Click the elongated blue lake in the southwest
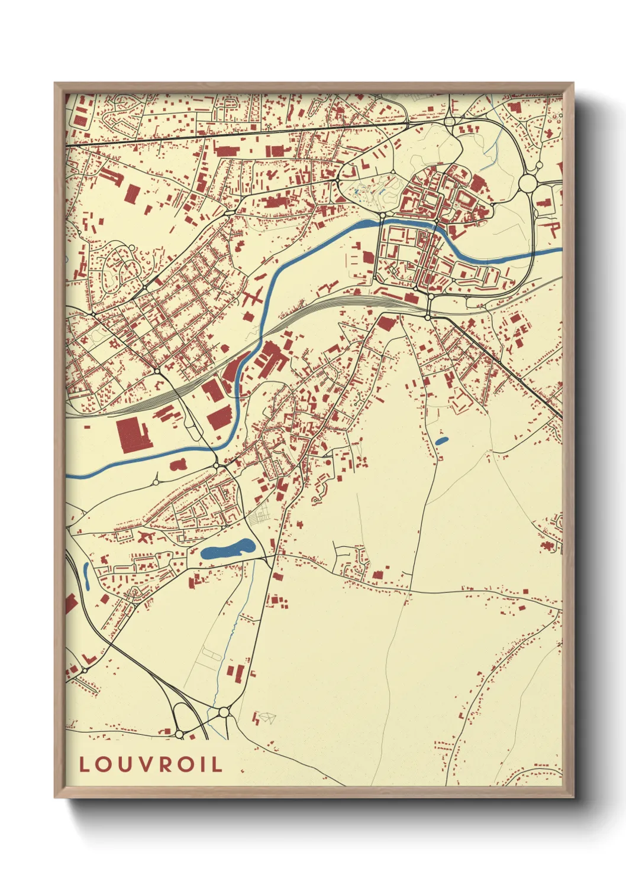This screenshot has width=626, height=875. pyautogui.click(x=228, y=549)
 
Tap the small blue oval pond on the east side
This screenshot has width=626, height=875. pyautogui.click(x=441, y=440)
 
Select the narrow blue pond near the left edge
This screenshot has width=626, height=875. pyautogui.click(x=86, y=575)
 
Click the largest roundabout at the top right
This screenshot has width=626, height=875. pyautogui.click(x=527, y=183)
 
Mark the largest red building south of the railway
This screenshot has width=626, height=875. pyautogui.click(x=133, y=435)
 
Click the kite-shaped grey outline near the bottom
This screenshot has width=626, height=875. pyautogui.click(x=267, y=718)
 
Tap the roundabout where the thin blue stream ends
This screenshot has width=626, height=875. pyautogui.click(x=224, y=712)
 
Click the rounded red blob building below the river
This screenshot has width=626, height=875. pyautogui.click(x=178, y=465)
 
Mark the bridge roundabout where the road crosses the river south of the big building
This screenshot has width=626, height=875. pyautogui.click(x=218, y=466)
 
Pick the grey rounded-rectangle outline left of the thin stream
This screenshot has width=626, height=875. pyautogui.click(x=211, y=653)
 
